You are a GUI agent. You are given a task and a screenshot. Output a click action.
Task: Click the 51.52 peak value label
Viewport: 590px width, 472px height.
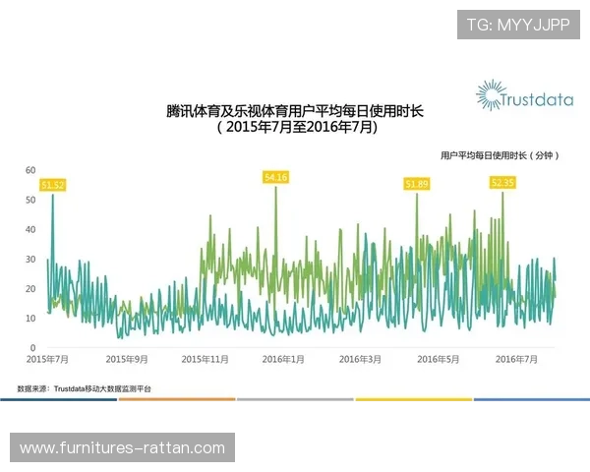pyautogui.click(x=53, y=184)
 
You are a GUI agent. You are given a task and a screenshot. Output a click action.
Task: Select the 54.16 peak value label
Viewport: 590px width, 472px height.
pyautogui.click(x=275, y=177)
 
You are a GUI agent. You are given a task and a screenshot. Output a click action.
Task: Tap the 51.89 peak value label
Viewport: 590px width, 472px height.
pyautogui.click(x=417, y=183)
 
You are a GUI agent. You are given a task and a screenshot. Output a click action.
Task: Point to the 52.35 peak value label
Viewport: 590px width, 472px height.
pyautogui.click(x=502, y=182)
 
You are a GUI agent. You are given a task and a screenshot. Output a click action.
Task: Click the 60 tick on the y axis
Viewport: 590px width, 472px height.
pyautogui.click(x=31, y=170)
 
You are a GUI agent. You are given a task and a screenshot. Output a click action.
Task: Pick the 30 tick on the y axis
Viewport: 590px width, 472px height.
pyautogui.click(x=31, y=260)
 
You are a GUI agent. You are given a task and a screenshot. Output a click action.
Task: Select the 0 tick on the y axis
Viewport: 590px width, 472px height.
pyautogui.click(x=33, y=348)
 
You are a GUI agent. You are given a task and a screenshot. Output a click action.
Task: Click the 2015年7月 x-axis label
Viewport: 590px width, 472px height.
pyautogui.click(x=46, y=360)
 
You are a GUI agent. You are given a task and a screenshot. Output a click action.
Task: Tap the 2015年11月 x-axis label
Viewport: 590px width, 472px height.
pyautogui.click(x=205, y=360)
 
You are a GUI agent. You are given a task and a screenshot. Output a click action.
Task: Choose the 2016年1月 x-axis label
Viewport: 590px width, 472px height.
pyautogui.click(x=283, y=360)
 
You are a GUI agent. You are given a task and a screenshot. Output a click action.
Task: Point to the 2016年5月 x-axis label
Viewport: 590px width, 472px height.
pyautogui.click(x=438, y=360)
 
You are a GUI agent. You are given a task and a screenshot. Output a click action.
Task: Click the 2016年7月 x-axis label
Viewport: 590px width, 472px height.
pyautogui.click(x=516, y=360)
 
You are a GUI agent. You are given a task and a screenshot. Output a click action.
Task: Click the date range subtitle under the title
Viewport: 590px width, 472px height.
pyautogui.click(x=296, y=128)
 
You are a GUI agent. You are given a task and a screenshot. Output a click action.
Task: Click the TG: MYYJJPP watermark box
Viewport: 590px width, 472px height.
pyautogui.click(x=518, y=25)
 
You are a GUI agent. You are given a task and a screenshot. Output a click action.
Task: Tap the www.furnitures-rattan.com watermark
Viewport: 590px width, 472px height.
pyautogui.click(x=122, y=448)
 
